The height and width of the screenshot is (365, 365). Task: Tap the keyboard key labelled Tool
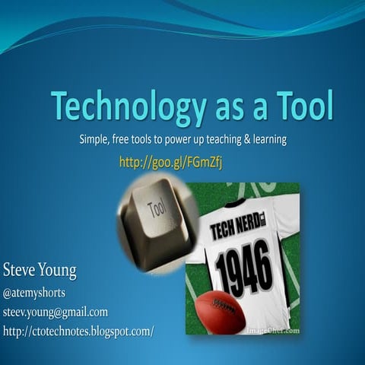coord(157,208)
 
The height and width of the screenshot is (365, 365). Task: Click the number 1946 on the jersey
coord(243,267)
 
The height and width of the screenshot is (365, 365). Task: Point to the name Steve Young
coord(40,271)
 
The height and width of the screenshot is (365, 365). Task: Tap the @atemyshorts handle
coord(34,293)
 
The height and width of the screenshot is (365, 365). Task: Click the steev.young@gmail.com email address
coord(55,312)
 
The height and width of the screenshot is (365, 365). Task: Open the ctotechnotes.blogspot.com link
coord(78,331)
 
